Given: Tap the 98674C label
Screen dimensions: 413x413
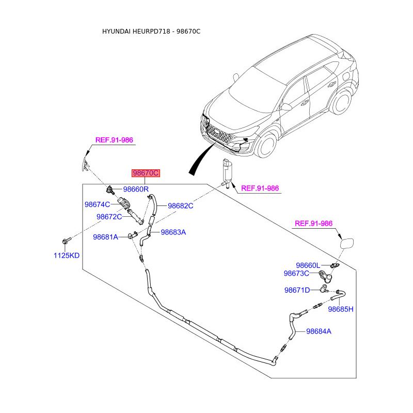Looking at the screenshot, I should tap(98, 205).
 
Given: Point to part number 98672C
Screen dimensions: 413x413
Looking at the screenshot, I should tap(109, 217).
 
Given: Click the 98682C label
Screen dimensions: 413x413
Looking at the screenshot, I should tap(180, 205).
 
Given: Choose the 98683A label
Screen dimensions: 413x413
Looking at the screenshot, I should tap(173, 232).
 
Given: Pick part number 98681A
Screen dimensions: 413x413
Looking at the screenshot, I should tap(106, 237).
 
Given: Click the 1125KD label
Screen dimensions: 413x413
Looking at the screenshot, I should tap(67, 255).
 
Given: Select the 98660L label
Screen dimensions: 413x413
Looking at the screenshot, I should tap(308, 265).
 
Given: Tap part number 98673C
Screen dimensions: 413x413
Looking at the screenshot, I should tap(296, 273).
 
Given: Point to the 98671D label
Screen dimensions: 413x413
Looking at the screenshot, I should tap(297, 290).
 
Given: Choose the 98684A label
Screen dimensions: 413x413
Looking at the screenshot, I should tap(319, 331).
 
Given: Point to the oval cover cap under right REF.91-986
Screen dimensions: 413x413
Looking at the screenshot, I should tap(346, 242).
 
